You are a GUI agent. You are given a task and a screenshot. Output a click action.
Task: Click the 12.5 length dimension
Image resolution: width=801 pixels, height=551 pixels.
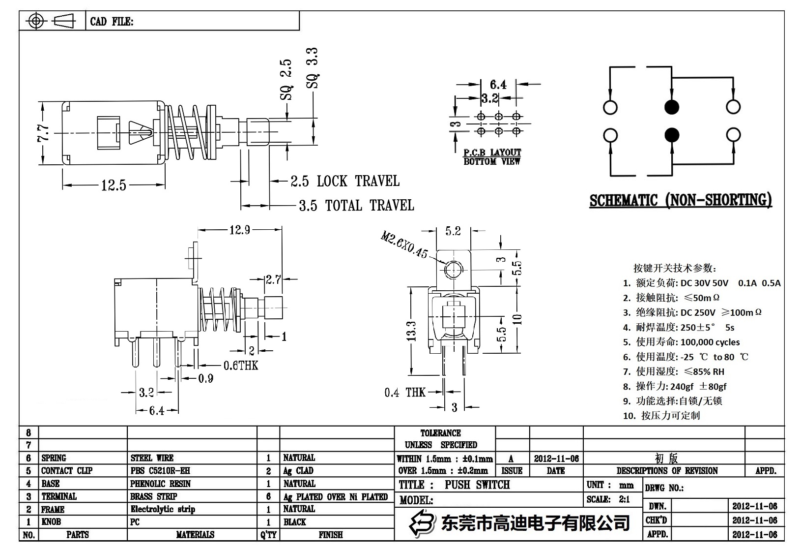(114, 185)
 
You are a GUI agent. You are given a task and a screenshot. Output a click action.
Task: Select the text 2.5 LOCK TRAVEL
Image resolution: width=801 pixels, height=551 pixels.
(344, 181)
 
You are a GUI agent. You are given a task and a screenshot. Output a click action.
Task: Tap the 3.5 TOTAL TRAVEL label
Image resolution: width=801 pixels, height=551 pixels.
(356, 205)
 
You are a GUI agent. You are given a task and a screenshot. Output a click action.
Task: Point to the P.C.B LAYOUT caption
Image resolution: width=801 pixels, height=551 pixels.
(492, 153)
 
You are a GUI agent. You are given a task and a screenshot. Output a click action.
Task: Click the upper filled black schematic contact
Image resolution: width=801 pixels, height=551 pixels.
(671, 107)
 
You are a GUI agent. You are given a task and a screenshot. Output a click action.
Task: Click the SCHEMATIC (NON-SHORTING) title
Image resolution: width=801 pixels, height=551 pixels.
(681, 200)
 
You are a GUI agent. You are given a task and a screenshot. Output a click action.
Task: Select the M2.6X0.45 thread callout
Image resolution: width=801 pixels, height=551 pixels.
(403, 245)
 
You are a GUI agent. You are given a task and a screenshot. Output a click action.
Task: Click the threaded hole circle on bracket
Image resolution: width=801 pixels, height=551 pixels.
(453, 270)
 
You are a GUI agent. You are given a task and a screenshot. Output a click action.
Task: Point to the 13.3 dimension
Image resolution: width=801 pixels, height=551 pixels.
(411, 331)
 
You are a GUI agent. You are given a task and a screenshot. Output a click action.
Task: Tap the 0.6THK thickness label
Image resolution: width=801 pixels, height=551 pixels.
(240, 366)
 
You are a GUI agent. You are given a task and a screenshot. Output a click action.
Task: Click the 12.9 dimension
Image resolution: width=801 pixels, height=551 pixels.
(239, 230)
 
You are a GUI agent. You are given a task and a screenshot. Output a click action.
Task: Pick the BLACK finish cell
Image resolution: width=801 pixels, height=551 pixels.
(294, 522)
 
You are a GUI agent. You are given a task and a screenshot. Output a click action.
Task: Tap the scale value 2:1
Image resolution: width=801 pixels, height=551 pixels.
(624, 499)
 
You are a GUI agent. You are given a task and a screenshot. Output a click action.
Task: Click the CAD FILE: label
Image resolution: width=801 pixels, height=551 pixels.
(112, 22)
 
